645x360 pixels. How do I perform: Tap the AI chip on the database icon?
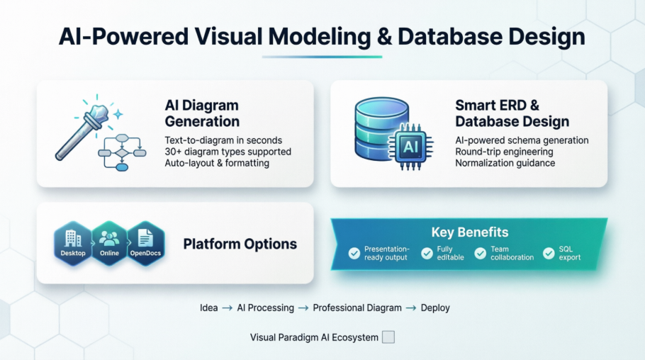(x=410, y=147)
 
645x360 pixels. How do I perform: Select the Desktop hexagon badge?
(x=73, y=243)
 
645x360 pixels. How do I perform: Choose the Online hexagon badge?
(x=109, y=243)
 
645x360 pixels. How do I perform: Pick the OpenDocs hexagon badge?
(x=145, y=243)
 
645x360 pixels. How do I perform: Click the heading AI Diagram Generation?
(x=202, y=113)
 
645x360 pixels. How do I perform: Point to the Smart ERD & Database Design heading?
(x=512, y=113)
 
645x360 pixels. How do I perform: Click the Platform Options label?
(x=240, y=244)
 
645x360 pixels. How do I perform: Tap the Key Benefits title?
(x=469, y=232)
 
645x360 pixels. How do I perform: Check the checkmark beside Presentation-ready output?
(x=354, y=253)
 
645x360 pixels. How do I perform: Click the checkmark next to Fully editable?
(x=427, y=253)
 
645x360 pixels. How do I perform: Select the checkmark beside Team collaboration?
(x=481, y=253)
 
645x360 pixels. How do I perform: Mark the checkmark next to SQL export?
(x=549, y=253)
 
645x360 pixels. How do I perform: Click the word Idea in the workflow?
(x=208, y=308)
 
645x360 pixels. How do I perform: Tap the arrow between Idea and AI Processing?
(x=228, y=308)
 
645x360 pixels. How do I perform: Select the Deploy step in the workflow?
(x=435, y=308)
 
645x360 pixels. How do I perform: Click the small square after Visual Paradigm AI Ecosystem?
(x=388, y=337)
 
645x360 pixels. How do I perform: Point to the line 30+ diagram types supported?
(x=228, y=152)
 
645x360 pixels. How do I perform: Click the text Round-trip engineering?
(x=504, y=152)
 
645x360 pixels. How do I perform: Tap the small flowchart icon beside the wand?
(x=122, y=151)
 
